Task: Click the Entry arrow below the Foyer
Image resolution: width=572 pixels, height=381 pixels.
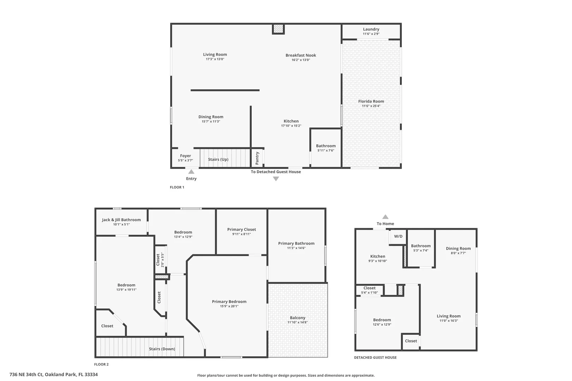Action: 191,171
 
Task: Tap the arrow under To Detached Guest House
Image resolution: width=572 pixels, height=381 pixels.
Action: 276,179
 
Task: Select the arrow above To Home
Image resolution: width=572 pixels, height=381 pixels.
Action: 385,217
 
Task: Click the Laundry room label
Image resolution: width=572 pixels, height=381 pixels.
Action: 371,29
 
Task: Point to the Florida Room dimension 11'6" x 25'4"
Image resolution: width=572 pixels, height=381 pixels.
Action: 371,106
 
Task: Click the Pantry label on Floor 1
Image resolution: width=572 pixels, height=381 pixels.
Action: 257,158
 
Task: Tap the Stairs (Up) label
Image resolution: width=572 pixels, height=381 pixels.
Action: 218,159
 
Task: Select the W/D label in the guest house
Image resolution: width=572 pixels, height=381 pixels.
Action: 398,236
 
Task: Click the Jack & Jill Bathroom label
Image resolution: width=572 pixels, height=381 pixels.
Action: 121,220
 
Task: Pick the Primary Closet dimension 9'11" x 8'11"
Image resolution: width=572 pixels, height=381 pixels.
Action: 242,234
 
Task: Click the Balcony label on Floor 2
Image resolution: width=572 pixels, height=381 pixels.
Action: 298,318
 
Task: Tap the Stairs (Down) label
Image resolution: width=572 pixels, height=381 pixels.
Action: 162,349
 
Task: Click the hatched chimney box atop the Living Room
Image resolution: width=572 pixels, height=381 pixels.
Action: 278,29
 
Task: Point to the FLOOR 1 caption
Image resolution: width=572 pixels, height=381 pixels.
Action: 177,187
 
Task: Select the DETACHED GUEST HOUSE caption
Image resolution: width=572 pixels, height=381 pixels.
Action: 375,357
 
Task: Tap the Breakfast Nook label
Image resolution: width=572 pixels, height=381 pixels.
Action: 301,55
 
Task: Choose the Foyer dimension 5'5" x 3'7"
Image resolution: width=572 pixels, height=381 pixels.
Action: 185,161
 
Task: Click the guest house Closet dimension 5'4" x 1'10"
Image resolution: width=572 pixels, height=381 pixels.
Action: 369,292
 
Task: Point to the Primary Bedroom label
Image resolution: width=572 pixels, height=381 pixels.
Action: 229,302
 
